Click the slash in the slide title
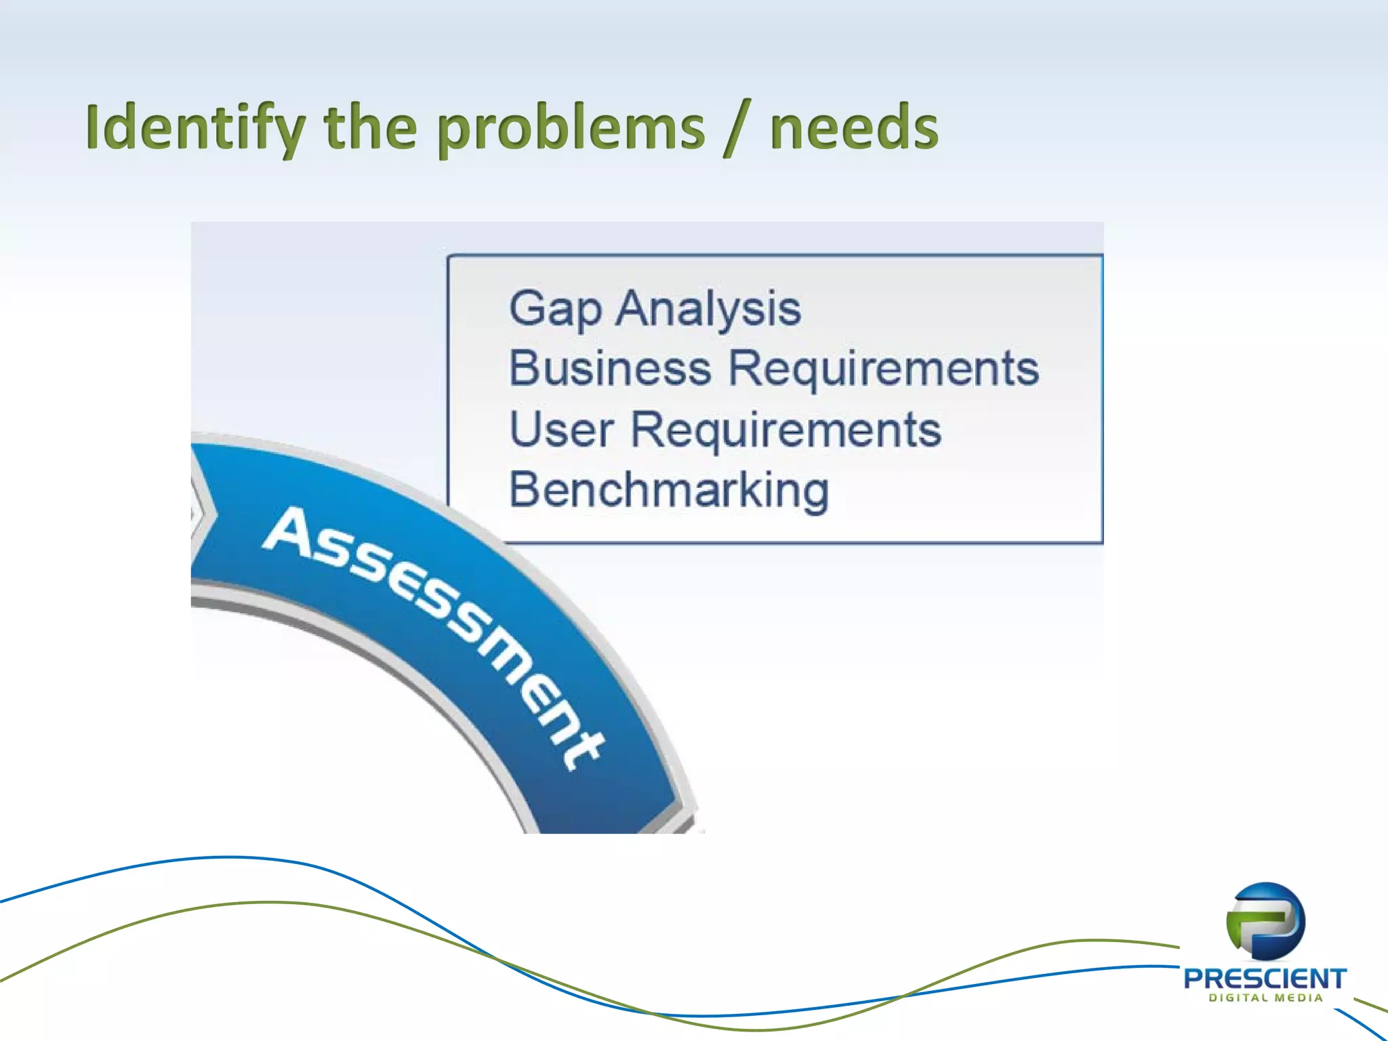[737, 127]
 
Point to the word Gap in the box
[555, 309]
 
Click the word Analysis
[708, 309]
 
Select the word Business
[610, 369]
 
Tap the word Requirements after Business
[883, 369]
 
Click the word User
[561, 430]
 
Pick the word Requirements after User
[786, 430]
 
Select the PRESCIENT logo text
[1265, 978]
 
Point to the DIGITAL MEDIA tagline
[1265, 998]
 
